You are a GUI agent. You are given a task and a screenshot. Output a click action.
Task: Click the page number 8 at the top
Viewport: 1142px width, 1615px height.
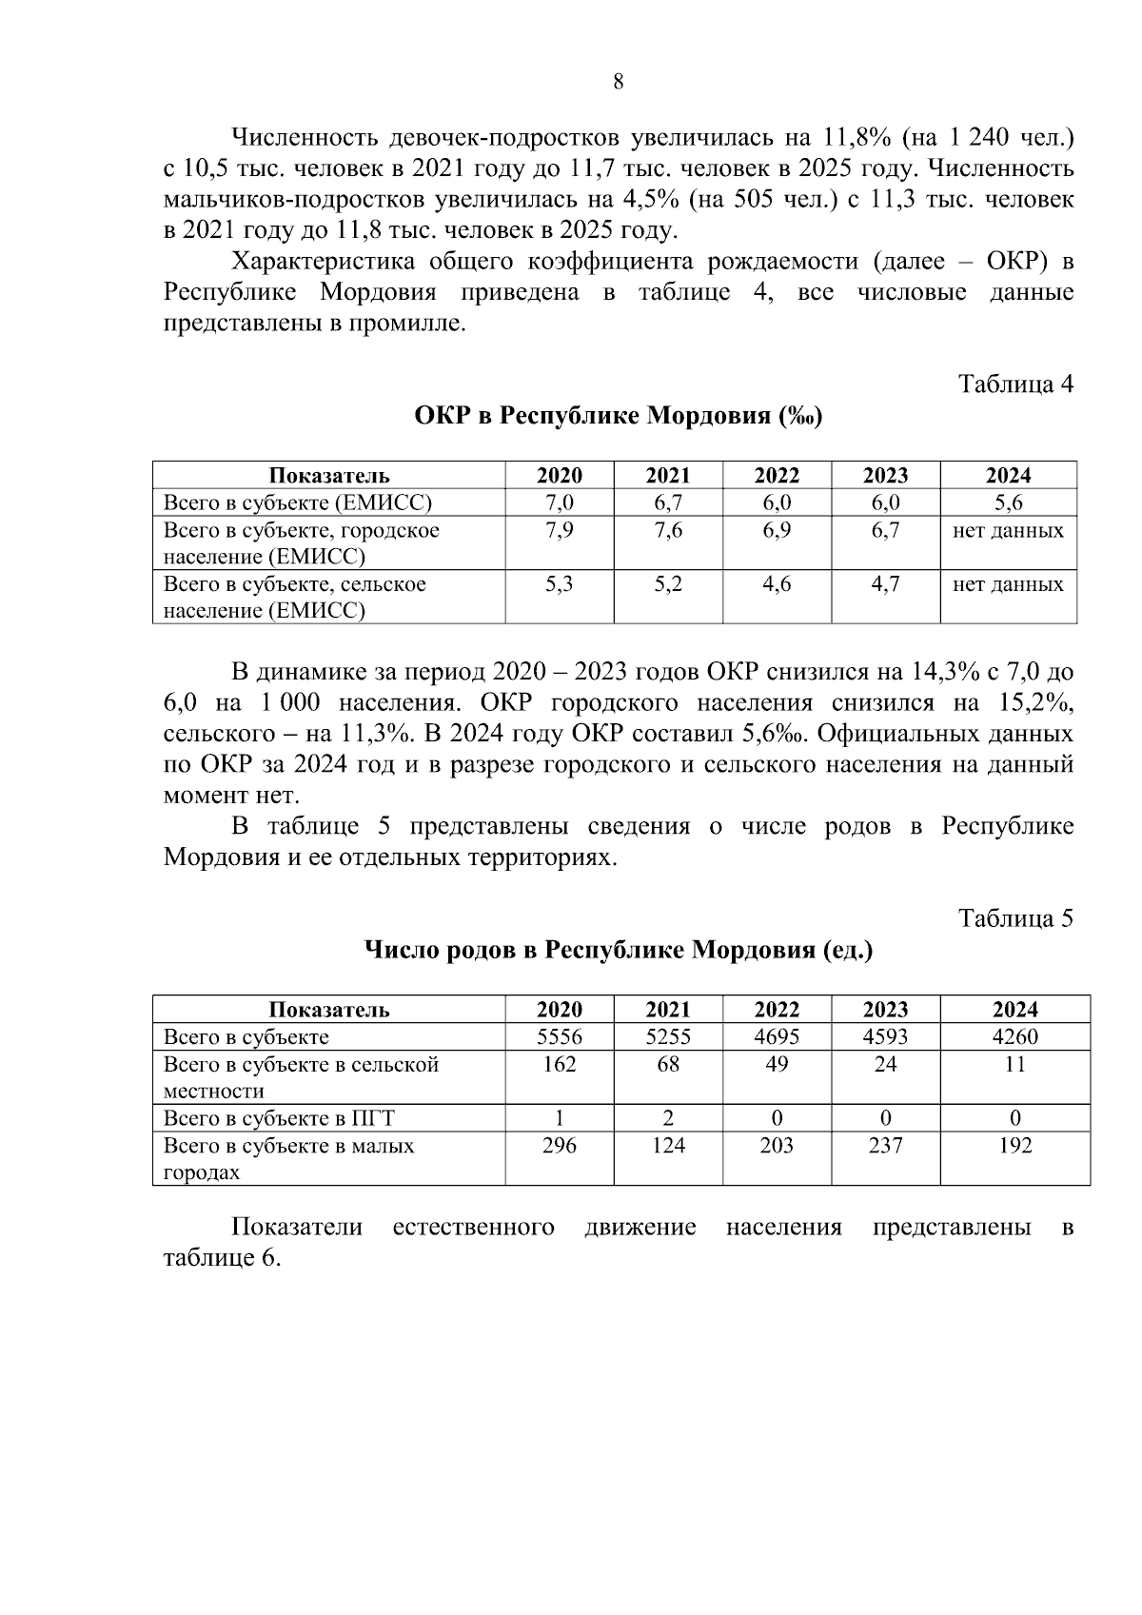tap(619, 82)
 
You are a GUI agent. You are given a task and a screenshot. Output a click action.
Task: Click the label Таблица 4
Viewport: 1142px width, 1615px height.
tap(1015, 384)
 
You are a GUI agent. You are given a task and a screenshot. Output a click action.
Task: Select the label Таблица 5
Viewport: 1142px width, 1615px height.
tap(1015, 918)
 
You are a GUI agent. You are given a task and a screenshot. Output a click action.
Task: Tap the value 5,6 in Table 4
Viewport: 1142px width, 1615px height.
tap(1008, 502)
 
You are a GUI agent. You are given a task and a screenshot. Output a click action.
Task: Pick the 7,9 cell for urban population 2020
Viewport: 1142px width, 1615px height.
tap(559, 531)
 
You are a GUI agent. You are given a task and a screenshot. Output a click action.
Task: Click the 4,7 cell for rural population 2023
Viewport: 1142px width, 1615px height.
tap(885, 584)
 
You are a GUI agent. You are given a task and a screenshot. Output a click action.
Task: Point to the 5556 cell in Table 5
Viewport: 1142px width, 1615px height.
tap(559, 1037)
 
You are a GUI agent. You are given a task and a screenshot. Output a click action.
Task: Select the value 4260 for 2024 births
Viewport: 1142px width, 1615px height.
tap(1014, 1037)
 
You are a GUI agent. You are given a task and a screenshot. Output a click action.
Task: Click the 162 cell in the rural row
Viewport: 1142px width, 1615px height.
tap(559, 1065)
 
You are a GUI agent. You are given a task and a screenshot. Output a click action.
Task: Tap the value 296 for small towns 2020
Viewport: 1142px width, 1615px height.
tap(559, 1146)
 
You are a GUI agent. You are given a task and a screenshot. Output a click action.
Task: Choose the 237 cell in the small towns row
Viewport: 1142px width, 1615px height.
tap(885, 1146)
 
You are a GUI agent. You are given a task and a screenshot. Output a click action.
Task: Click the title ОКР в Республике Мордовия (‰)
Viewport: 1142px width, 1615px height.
tap(618, 417)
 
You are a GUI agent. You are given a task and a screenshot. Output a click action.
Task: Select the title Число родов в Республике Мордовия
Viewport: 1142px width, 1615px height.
tap(618, 951)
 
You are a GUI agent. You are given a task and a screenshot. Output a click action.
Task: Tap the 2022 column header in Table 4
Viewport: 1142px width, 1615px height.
tap(777, 476)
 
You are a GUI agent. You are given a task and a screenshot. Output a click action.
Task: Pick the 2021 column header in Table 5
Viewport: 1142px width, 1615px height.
tap(668, 1010)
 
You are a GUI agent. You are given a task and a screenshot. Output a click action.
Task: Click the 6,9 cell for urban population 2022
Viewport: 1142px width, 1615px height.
tap(777, 531)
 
